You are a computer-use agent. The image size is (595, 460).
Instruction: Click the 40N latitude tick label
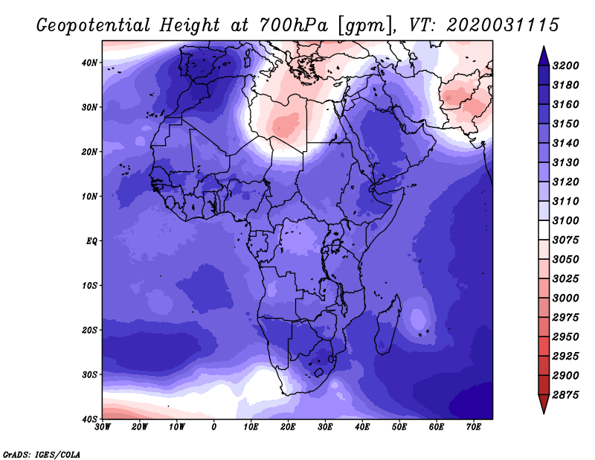[x=89, y=63]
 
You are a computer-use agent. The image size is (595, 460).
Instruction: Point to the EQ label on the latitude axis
[x=91, y=241]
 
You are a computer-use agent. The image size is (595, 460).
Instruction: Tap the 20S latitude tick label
[x=89, y=330]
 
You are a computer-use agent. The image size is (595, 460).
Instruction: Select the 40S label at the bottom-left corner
[x=89, y=419]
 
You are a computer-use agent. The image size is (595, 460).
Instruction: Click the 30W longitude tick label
[x=103, y=427]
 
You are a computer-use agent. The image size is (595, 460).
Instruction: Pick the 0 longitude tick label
[x=214, y=427]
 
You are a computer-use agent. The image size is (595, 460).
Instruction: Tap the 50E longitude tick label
[x=399, y=427]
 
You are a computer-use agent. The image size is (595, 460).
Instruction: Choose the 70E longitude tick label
[x=474, y=427]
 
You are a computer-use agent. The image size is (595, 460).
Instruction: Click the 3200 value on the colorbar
[x=565, y=66]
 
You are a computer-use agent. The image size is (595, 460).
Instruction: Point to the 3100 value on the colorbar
[x=565, y=220]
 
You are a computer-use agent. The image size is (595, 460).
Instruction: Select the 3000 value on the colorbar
[x=565, y=298]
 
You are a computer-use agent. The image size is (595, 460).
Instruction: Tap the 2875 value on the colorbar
[x=565, y=395]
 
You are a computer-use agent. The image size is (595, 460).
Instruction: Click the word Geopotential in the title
[x=94, y=26]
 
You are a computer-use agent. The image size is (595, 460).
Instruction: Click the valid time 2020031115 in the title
[x=503, y=25]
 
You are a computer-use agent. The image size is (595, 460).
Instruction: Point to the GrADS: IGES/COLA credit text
[x=42, y=454]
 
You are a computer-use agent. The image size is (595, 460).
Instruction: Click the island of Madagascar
[x=387, y=325]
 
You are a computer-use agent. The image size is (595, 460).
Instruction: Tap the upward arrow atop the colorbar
[x=544, y=56]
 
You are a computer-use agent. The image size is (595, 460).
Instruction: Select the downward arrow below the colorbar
[x=544, y=404]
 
